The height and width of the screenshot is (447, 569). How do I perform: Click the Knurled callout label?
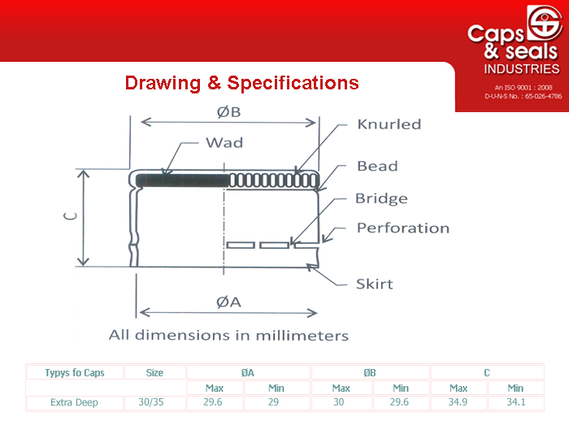(x=389, y=124)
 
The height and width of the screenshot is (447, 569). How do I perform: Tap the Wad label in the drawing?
(x=224, y=142)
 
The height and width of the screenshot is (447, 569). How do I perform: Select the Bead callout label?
(x=377, y=166)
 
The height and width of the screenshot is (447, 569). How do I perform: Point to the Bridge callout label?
(x=381, y=199)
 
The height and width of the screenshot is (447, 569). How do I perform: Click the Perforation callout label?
(x=403, y=228)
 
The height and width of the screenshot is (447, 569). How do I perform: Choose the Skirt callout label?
(x=375, y=284)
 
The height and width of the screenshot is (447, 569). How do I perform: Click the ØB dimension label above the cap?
(x=228, y=112)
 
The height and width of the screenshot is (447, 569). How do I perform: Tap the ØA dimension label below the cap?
(x=228, y=302)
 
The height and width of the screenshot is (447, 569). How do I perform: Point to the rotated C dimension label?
(x=71, y=216)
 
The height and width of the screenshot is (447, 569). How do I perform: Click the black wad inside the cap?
(x=182, y=180)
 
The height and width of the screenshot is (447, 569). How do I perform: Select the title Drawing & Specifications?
(x=241, y=83)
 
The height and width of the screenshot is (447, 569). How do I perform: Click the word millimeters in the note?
(x=302, y=336)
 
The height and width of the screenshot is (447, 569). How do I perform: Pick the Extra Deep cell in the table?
(x=75, y=402)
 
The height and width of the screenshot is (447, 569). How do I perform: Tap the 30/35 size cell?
(x=151, y=402)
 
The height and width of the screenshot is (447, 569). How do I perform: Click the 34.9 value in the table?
(x=458, y=402)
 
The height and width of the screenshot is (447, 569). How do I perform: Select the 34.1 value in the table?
(x=516, y=402)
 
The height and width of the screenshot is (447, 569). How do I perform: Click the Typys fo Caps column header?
(x=75, y=372)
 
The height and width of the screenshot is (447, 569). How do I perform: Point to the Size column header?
(x=154, y=372)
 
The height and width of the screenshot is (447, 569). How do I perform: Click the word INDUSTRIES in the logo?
(x=522, y=69)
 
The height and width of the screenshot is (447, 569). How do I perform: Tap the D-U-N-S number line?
(x=523, y=96)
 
